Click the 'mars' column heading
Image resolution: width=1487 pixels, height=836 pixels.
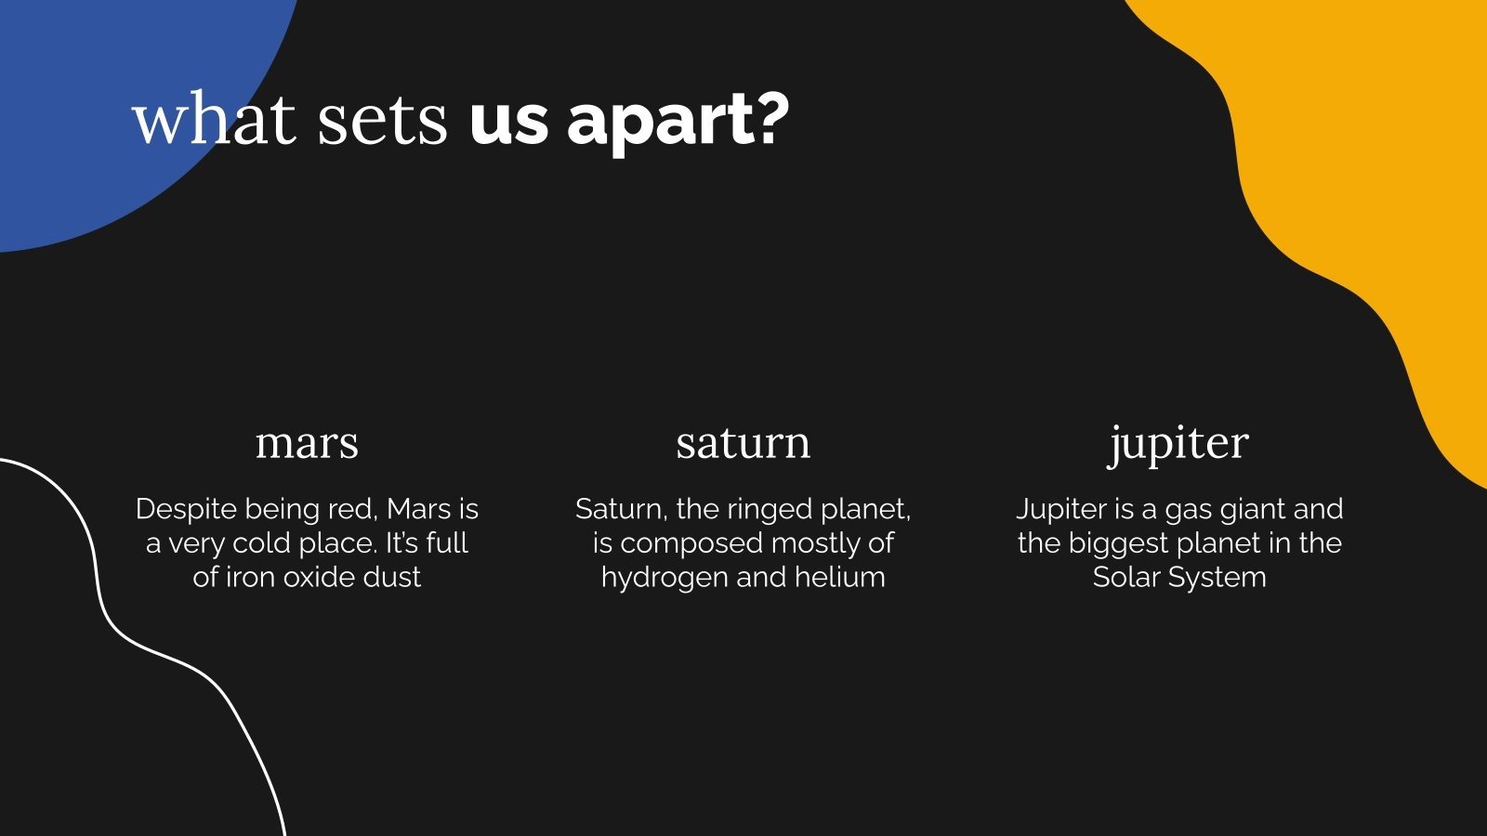[307, 444]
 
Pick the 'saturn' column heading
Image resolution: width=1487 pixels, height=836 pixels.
[743, 442]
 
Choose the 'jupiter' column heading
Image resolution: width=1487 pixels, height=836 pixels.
[1179, 445]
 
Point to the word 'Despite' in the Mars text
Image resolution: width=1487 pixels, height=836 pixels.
[187, 510]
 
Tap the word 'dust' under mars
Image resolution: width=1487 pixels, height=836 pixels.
[393, 577]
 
